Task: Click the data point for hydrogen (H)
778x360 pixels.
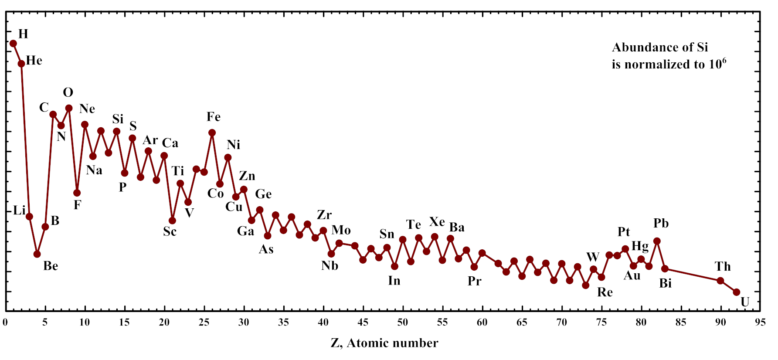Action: [x=14, y=44]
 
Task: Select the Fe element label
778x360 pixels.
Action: [x=214, y=117]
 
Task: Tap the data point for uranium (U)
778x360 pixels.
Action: [x=737, y=292]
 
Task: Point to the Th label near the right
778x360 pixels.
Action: [x=723, y=266]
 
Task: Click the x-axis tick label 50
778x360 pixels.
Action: [x=402, y=323]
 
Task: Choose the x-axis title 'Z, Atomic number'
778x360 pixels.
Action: [x=384, y=343]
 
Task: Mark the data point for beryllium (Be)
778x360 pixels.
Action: [x=37, y=254]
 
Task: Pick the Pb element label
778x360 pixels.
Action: [x=661, y=224]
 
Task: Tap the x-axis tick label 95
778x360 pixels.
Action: [x=760, y=323]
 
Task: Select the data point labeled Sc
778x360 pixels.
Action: [x=172, y=221]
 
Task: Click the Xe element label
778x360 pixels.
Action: [x=437, y=222]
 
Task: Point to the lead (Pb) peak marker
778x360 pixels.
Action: [x=657, y=241]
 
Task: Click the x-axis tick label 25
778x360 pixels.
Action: [x=204, y=323]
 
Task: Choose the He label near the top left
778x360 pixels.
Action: [x=34, y=61]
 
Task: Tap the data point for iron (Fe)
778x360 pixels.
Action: [x=212, y=133]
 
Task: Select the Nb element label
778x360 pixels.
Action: [x=330, y=266]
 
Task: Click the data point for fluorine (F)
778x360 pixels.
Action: [x=77, y=193]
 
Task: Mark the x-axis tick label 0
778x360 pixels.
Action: [x=5, y=323]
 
